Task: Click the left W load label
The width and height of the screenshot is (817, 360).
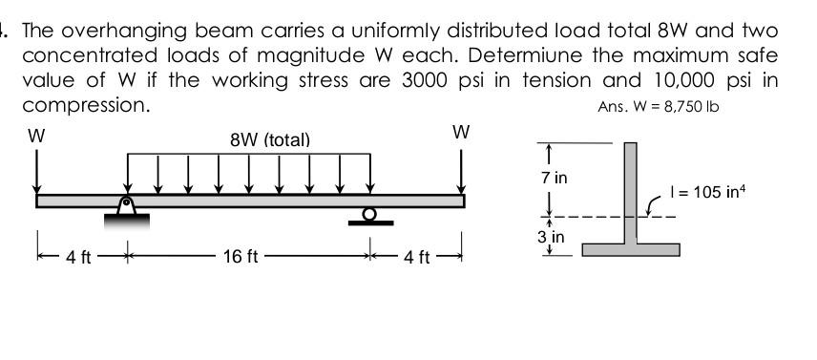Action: pyautogui.click(x=36, y=137)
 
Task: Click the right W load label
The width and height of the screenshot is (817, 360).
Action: pyautogui.click(x=461, y=132)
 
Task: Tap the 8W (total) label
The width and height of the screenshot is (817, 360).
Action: pyautogui.click(x=270, y=139)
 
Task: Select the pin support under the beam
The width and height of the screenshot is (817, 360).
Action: pyautogui.click(x=125, y=206)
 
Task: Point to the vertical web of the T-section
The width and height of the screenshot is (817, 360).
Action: pyautogui.click(x=631, y=191)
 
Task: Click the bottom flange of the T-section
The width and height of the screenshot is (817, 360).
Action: pyautogui.click(x=631, y=249)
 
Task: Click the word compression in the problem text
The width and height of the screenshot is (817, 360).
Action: pyautogui.click(x=86, y=104)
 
